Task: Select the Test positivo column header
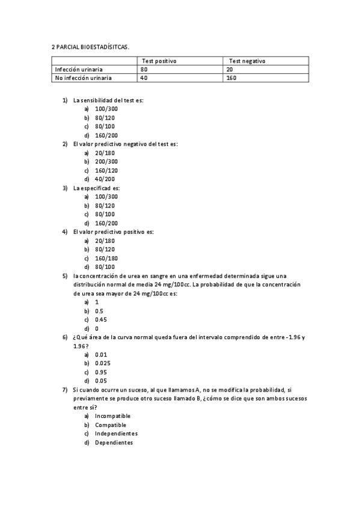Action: (x=159, y=61)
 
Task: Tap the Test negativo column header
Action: (x=247, y=61)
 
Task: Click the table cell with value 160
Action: (x=231, y=78)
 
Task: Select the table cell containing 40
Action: (x=144, y=78)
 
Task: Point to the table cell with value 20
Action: (x=230, y=69)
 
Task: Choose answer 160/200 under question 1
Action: (x=106, y=135)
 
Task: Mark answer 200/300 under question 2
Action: (x=106, y=162)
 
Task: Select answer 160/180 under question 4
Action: (x=106, y=258)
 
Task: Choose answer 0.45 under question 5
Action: (x=101, y=319)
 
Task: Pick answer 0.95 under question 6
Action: (x=101, y=372)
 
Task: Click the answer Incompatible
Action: (x=112, y=416)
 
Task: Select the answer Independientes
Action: (x=116, y=434)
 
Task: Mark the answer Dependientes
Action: (x=114, y=443)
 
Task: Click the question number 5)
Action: (x=65, y=275)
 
